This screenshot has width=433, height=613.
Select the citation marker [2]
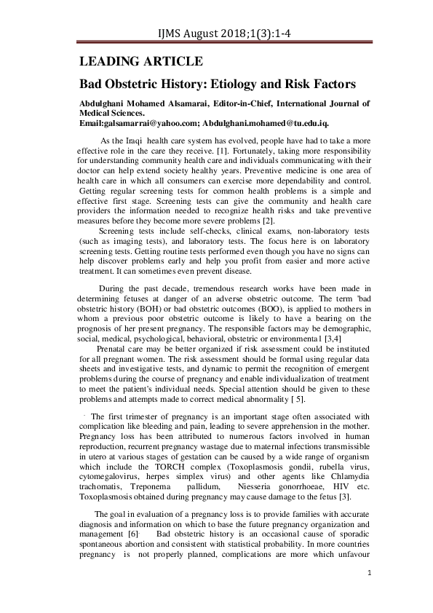tap(269, 220)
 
